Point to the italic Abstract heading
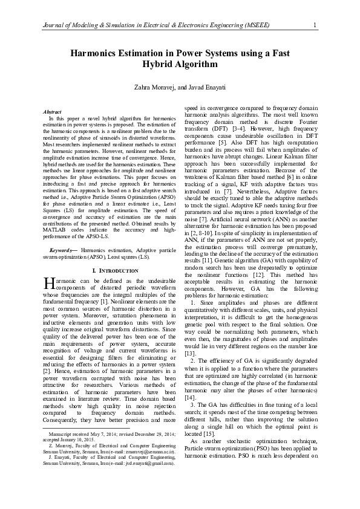click(53, 112)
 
